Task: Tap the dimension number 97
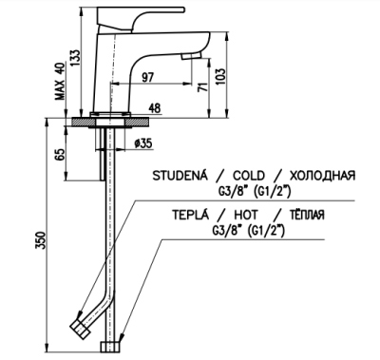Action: [x=147, y=76]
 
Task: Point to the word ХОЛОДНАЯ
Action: [x=323, y=176]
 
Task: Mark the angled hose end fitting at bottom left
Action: [x=81, y=329]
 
